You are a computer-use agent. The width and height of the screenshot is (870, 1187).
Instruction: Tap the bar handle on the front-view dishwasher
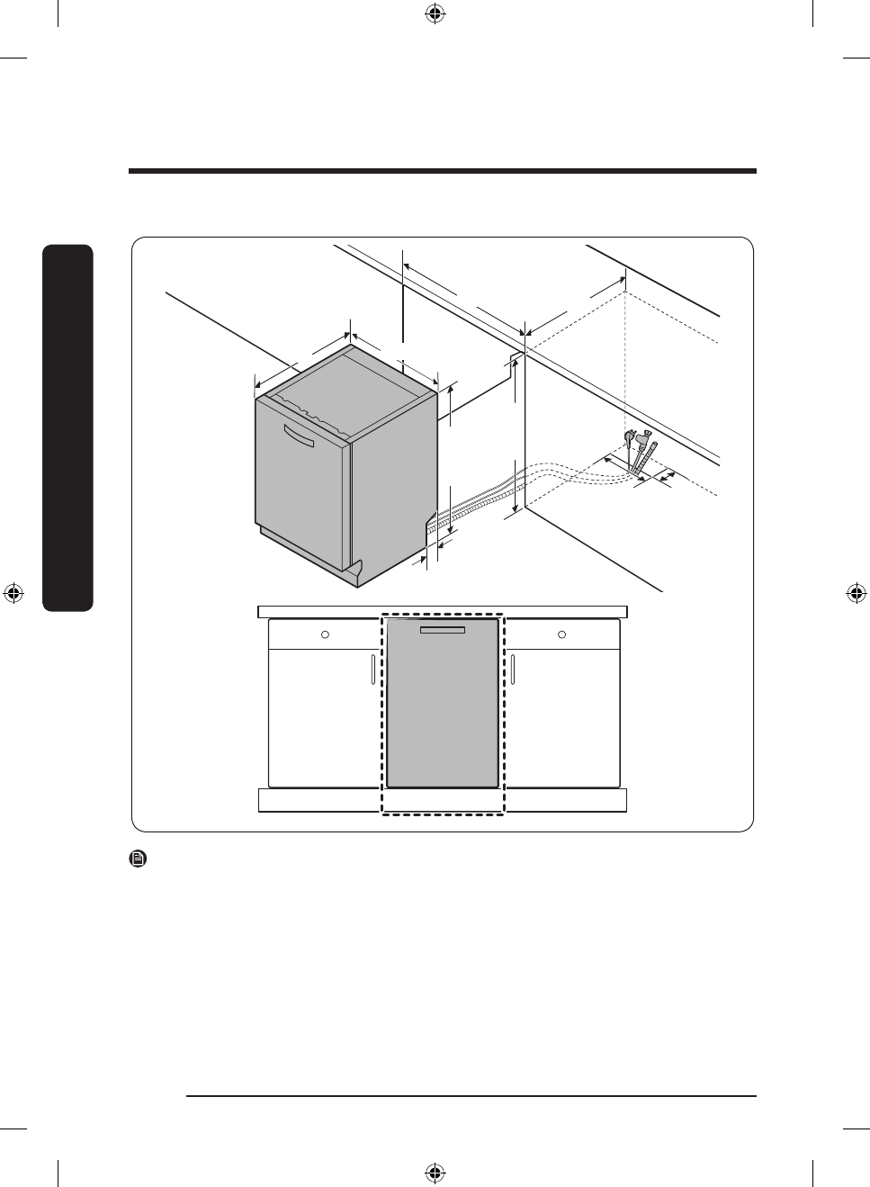(442, 630)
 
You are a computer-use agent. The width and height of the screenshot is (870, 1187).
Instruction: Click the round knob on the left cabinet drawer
(325, 634)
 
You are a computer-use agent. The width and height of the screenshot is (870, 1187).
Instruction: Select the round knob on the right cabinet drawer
(562, 634)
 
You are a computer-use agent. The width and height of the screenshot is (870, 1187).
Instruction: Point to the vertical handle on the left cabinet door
(372, 670)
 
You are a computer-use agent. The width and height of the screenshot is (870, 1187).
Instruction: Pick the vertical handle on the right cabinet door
(513, 670)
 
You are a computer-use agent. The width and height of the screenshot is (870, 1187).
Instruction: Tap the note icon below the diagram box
(139, 859)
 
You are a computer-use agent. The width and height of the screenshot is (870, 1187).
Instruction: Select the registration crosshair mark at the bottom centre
(435, 1172)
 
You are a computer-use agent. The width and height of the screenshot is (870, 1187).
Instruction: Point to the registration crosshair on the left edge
(13, 593)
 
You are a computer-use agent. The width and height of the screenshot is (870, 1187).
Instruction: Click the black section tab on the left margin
(67, 427)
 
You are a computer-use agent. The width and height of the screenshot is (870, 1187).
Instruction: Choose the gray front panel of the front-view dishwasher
(442, 711)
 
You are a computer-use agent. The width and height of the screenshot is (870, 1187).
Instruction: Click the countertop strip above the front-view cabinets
(442, 612)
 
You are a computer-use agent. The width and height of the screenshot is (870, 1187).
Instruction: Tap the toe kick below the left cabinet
(319, 800)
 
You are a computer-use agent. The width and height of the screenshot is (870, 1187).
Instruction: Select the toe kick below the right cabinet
(565, 800)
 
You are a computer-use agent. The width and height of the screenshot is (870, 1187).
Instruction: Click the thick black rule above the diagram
(442, 171)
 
